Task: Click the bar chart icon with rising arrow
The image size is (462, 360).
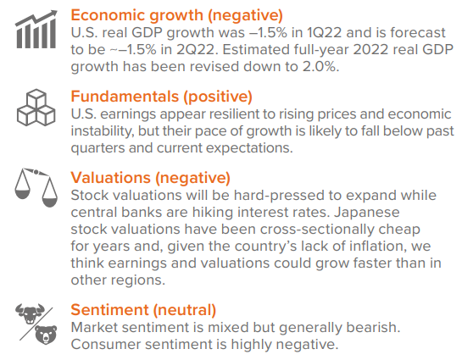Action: pyautogui.click(x=36, y=30)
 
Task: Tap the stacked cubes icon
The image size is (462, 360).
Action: pyautogui.click(x=36, y=108)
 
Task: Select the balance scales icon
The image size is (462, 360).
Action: pyautogui.click(x=36, y=188)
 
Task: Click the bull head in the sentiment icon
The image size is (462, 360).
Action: pyautogui.click(x=30, y=313)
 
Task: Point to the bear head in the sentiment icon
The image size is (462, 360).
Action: pyautogui.click(x=46, y=335)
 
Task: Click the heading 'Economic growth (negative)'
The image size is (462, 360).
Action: pyautogui.click(x=177, y=15)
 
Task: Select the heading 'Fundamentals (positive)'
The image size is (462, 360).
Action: pyautogui.click(x=161, y=97)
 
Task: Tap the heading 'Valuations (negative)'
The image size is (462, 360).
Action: pyautogui.click(x=150, y=178)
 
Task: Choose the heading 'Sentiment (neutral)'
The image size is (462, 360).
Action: pyautogui.click(x=143, y=310)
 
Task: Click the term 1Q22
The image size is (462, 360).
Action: pyautogui.click(x=324, y=33)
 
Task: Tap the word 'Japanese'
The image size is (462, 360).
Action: pyautogui.click(x=366, y=213)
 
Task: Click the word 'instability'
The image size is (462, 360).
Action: pyautogui.click(x=102, y=131)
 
